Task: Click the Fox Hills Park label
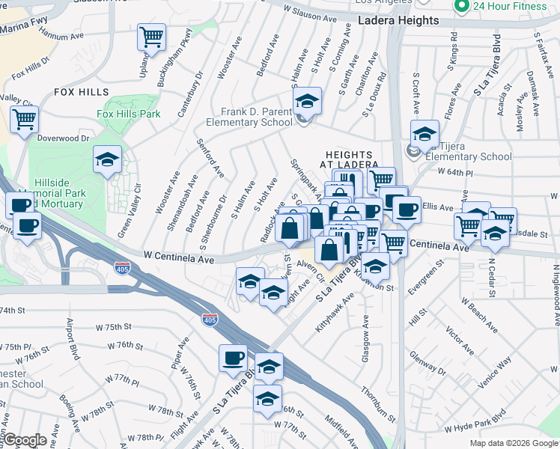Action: coord(129,114)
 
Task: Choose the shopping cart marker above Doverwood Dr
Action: coord(24,118)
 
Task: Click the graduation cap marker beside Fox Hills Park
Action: coord(107,159)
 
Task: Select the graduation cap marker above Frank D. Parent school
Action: coord(306,100)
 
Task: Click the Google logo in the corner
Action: coord(24,440)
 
